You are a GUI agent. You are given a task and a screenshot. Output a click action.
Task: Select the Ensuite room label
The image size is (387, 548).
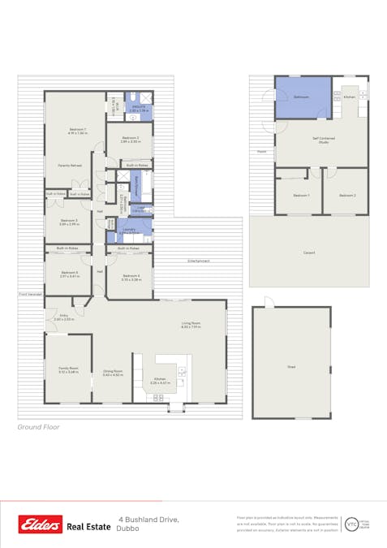tap(135, 106)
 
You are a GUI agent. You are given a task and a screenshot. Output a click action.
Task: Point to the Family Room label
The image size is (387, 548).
tap(68, 370)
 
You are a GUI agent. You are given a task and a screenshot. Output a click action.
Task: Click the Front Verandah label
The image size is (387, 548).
tap(30, 294)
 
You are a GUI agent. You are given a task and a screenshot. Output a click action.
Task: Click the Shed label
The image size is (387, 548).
tap(291, 366)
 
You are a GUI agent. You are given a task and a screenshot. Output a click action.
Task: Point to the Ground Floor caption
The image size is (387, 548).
tap(40, 426)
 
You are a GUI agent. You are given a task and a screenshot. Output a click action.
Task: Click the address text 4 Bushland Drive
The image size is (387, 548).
tap(148, 519)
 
